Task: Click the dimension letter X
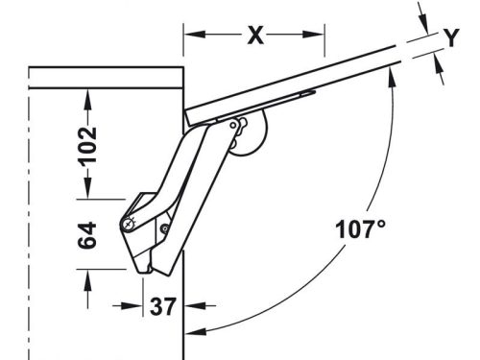255,36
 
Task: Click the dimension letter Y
451,37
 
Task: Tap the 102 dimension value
87,147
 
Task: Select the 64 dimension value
87,235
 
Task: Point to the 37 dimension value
163,306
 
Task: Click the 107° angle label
360,229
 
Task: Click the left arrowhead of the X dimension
195,35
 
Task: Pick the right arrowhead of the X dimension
313,35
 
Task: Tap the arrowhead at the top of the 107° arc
391,77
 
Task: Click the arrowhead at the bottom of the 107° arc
196,332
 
